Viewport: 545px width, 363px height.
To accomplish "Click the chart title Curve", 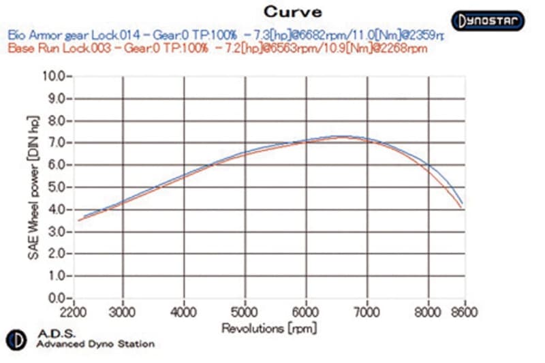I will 292,12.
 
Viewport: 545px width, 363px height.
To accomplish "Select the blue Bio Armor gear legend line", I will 225,34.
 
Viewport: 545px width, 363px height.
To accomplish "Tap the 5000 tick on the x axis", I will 245,312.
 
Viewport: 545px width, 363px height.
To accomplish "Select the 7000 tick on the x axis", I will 367,312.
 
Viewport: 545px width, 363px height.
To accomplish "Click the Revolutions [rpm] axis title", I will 268,328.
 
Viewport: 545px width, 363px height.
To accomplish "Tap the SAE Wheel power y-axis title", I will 33,187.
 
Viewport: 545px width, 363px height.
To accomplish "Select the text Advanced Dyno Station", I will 95,344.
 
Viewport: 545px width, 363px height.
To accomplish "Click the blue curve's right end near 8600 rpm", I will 463,204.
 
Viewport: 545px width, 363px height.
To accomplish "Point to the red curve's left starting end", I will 79,220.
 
